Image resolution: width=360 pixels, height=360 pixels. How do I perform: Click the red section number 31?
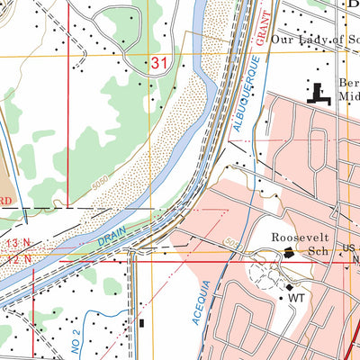click(x=160, y=63)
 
